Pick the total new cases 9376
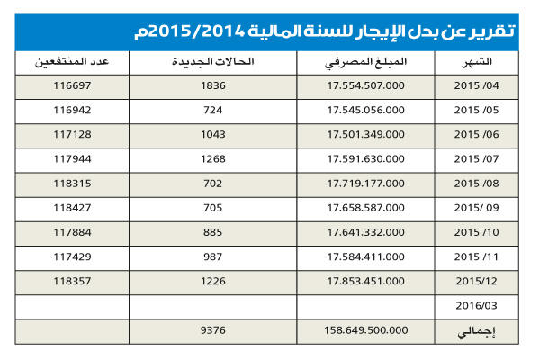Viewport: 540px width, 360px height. click(x=213, y=329)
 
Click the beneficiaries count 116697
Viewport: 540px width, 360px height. click(x=73, y=87)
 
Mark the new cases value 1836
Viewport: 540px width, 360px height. click(x=213, y=87)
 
